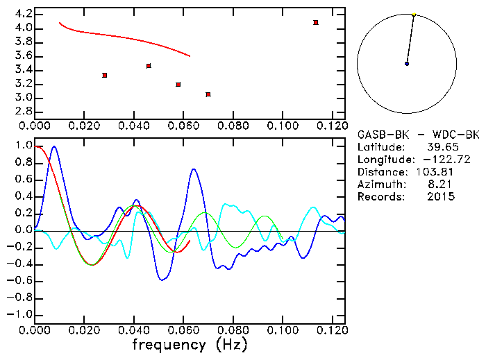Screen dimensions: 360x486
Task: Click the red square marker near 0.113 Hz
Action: point(316,23)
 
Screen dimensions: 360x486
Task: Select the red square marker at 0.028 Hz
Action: point(104,75)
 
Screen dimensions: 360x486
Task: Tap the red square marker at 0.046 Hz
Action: point(149,66)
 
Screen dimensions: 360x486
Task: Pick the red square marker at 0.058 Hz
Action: point(178,85)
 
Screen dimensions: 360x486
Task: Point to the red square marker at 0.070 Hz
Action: point(208,94)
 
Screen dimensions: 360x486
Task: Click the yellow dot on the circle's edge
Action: point(414,14)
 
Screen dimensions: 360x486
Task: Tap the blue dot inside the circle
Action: point(407,64)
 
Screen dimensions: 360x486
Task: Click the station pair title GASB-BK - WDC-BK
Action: point(418,135)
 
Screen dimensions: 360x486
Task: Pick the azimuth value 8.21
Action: point(444,185)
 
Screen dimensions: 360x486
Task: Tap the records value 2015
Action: point(441,197)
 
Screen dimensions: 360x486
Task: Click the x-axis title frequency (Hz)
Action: point(190,345)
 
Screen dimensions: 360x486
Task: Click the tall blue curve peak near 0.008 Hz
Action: point(54,146)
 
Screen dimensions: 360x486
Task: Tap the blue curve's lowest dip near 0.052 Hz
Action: point(163,280)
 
